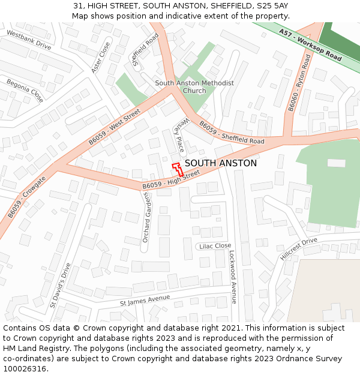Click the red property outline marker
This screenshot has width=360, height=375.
click(x=178, y=168)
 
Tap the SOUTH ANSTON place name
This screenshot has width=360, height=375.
click(x=220, y=163)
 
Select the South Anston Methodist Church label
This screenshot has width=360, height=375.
click(x=194, y=87)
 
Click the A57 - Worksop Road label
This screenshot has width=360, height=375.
click(x=310, y=47)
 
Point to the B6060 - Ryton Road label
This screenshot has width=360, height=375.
click(x=299, y=83)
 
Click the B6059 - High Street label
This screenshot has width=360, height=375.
click(x=171, y=180)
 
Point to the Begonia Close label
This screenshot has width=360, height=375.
click(x=25, y=90)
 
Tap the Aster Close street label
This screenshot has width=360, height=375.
click(x=101, y=58)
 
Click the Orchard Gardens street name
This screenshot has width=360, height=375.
click(x=146, y=220)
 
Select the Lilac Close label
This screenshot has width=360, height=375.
click(x=214, y=246)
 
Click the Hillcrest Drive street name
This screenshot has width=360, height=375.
click(x=298, y=248)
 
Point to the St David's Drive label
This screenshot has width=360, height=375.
click(x=60, y=285)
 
